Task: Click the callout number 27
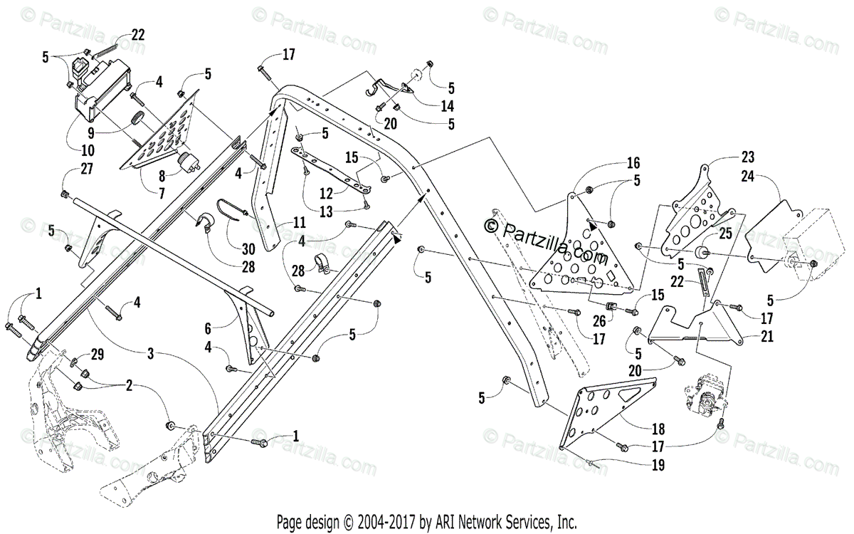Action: [67, 169]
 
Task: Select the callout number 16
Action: [634, 163]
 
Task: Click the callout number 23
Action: [747, 157]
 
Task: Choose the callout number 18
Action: [658, 429]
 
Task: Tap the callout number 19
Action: [658, 466]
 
